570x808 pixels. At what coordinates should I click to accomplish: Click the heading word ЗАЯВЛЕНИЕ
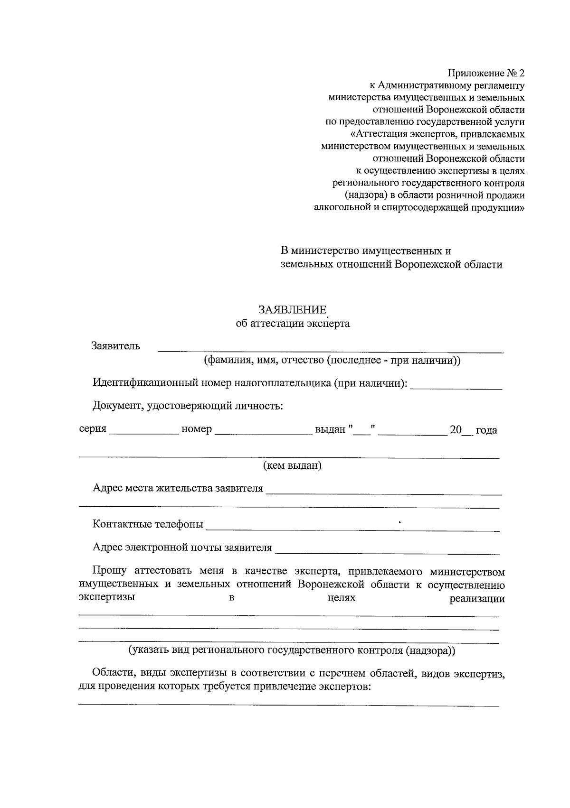coord(293,310)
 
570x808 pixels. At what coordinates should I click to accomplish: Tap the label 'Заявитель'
coord(116,345)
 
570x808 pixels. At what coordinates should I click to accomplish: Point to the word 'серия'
coord(93,429)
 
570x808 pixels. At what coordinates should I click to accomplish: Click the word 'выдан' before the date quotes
coord(330,429)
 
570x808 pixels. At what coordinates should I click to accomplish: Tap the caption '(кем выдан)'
coord(293,465)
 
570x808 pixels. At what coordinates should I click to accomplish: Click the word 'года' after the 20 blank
coord(486,430)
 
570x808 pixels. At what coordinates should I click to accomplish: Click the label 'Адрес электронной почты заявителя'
coord(182,548)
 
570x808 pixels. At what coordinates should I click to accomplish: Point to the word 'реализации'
coord(477,599)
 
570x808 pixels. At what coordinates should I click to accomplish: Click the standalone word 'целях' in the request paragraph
coord(342,598)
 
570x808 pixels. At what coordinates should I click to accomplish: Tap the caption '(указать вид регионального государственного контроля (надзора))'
coord(293,650)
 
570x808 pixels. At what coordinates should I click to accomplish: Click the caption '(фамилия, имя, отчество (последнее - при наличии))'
coord(332,360)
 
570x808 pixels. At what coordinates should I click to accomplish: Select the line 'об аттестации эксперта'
coord(293,324)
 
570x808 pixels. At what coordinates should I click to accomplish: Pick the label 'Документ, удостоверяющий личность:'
coord(188,406)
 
